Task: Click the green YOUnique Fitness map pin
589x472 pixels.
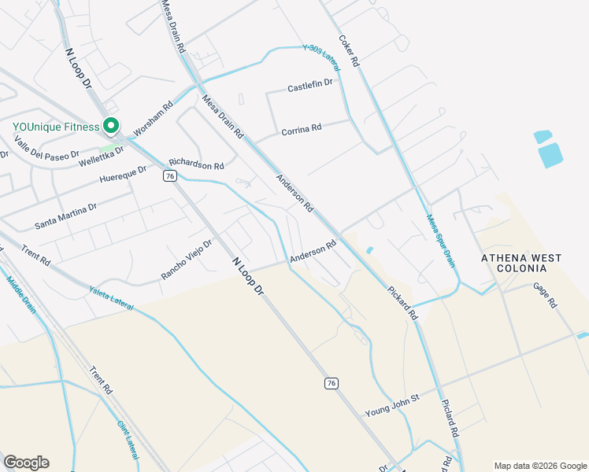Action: [x=111, y=126]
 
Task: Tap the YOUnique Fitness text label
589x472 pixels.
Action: [x=55, y=127]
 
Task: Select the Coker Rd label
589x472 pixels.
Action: [x=349, y=50]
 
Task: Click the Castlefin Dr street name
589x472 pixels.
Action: [x=310, y=84]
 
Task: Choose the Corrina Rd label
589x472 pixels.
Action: [x=302, y=128]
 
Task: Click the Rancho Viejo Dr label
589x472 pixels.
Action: [x=187, y=260]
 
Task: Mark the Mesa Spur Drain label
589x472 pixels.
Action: [x=441, y=240]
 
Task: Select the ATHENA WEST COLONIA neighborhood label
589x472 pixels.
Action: [x=522, y=264]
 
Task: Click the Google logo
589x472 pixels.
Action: [x=26, y=463]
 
